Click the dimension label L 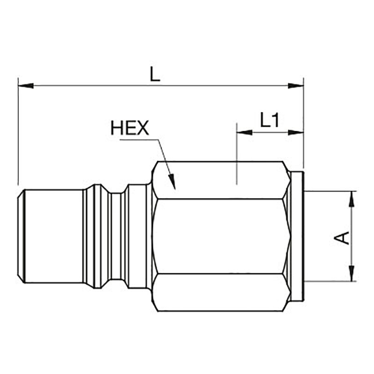point(155,74)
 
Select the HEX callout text point(130,128)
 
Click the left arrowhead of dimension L point(26,86)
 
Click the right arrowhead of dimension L point(296,86)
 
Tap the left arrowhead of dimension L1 point(244,132)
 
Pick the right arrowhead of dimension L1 point(296,132)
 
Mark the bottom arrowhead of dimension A point(352,273)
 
